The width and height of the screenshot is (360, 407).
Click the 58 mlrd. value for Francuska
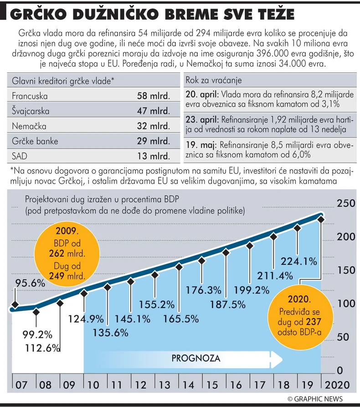(153, 96)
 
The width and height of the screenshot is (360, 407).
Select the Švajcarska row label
(31, 111)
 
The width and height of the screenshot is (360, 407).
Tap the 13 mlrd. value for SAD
(153, 156)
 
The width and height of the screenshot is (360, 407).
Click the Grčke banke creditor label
(36, 141)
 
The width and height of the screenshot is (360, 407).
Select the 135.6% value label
(109, 333)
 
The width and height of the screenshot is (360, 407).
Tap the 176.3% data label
(203, 290)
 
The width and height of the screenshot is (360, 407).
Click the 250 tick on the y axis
(345, 204)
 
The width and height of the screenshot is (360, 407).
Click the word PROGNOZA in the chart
(196, 358)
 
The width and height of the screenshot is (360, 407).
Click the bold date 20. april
(202, 95)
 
